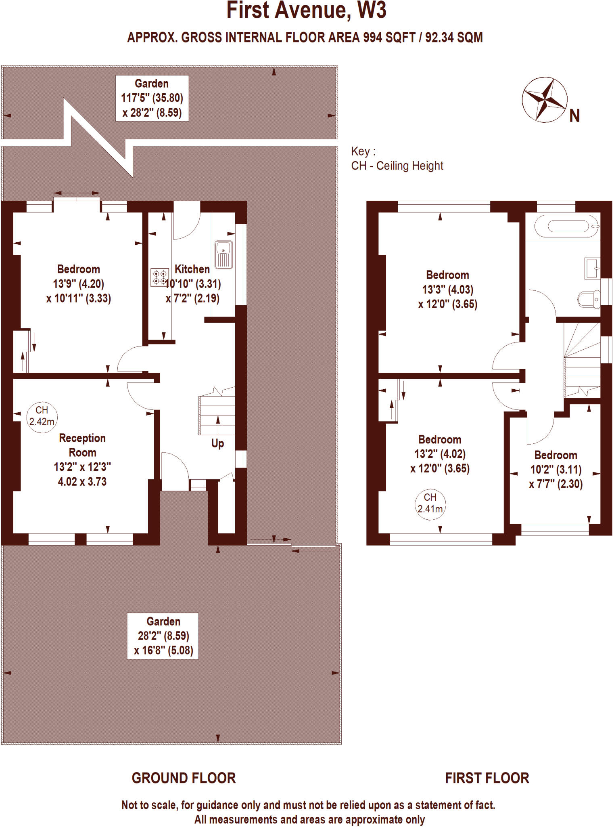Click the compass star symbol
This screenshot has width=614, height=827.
coord(544,100)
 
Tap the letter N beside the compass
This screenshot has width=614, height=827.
coord(574,116)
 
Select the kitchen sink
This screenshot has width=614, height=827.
coord(223,255)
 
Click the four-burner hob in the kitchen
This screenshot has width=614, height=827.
coord(160,277)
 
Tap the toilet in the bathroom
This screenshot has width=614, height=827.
coord(589,300)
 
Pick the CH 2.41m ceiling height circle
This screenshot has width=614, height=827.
coord(430,504)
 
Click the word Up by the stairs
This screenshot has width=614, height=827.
coord(217,443)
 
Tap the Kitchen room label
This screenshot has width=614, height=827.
coord(192,269)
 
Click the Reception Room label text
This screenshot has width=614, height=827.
coord(82,445)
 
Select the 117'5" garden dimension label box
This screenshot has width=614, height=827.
coord(152,98)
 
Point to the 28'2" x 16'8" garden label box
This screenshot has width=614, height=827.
coord(163,636)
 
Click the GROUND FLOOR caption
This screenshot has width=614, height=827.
coord(184,778)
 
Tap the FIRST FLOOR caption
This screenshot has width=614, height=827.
coord(487,778)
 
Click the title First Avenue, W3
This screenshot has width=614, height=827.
coord(307,10)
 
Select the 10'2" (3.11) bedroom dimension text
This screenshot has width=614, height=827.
coord(556,470)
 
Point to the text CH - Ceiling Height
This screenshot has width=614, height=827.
coord(397,166)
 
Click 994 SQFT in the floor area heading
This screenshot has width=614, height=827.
coord(389,38)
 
